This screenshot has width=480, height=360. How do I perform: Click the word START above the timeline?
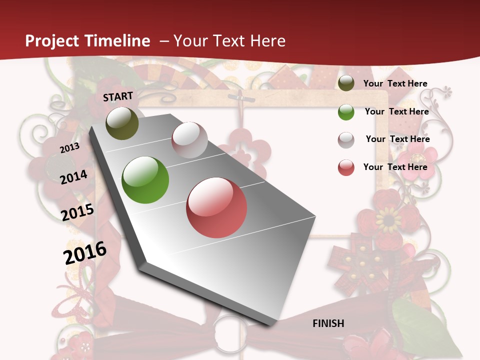[x=118, y=96]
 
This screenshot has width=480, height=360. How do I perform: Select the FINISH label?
[x=328, y=323]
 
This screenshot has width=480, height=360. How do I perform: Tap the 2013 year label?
[x=69, y=148]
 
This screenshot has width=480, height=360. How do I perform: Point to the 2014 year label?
[x=73, y=177]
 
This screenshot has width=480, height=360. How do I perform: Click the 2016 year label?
[x=85, y=252]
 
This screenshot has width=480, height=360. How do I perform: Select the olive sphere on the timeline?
[x=122, y=123]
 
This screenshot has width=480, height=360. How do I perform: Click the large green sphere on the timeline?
[x=145, y=180]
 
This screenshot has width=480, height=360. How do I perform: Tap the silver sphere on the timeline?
[x=189, y=140]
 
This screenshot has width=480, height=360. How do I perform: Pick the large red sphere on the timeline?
[x=216, y=207]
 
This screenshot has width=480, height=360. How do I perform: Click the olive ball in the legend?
[x=346, y=83]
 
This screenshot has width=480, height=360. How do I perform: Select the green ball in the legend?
[x=346, y=112]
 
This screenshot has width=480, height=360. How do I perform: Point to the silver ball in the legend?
[x=346, y=140]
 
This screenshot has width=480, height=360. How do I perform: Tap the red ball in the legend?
[x=346, y=167]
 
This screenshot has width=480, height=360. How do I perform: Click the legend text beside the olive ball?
[x=395, y=83]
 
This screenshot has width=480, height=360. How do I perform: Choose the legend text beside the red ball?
[x=395, y=167]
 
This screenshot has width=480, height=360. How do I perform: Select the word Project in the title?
[x=52, y=41]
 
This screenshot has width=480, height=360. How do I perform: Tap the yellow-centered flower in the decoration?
[x=388, y=218]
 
